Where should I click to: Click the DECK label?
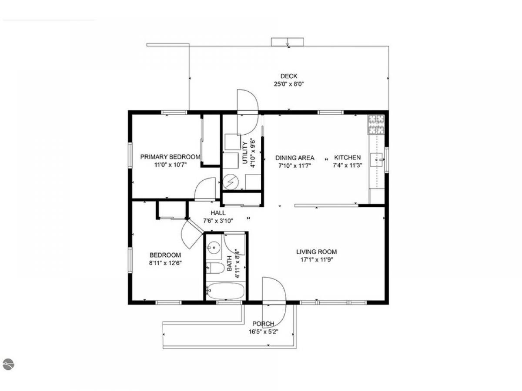(289, 76)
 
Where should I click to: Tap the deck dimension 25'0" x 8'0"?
(289, 84)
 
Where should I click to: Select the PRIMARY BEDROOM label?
(170, 157)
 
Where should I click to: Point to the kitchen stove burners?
(376, 124)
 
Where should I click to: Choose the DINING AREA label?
(294, 158)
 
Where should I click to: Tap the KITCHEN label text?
(347, 157)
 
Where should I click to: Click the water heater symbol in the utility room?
(231, 182)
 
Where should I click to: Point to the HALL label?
(218, 213)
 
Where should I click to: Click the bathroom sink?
(213, 248)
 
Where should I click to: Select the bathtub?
(225, 291)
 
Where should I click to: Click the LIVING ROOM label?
(316, 252)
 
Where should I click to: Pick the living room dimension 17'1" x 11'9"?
(316, 260)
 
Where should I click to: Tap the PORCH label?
(263, 324)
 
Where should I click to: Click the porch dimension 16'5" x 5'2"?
(263, 331)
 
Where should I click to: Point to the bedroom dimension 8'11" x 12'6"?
(165, 263)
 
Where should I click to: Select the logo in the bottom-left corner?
(9, 364)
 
